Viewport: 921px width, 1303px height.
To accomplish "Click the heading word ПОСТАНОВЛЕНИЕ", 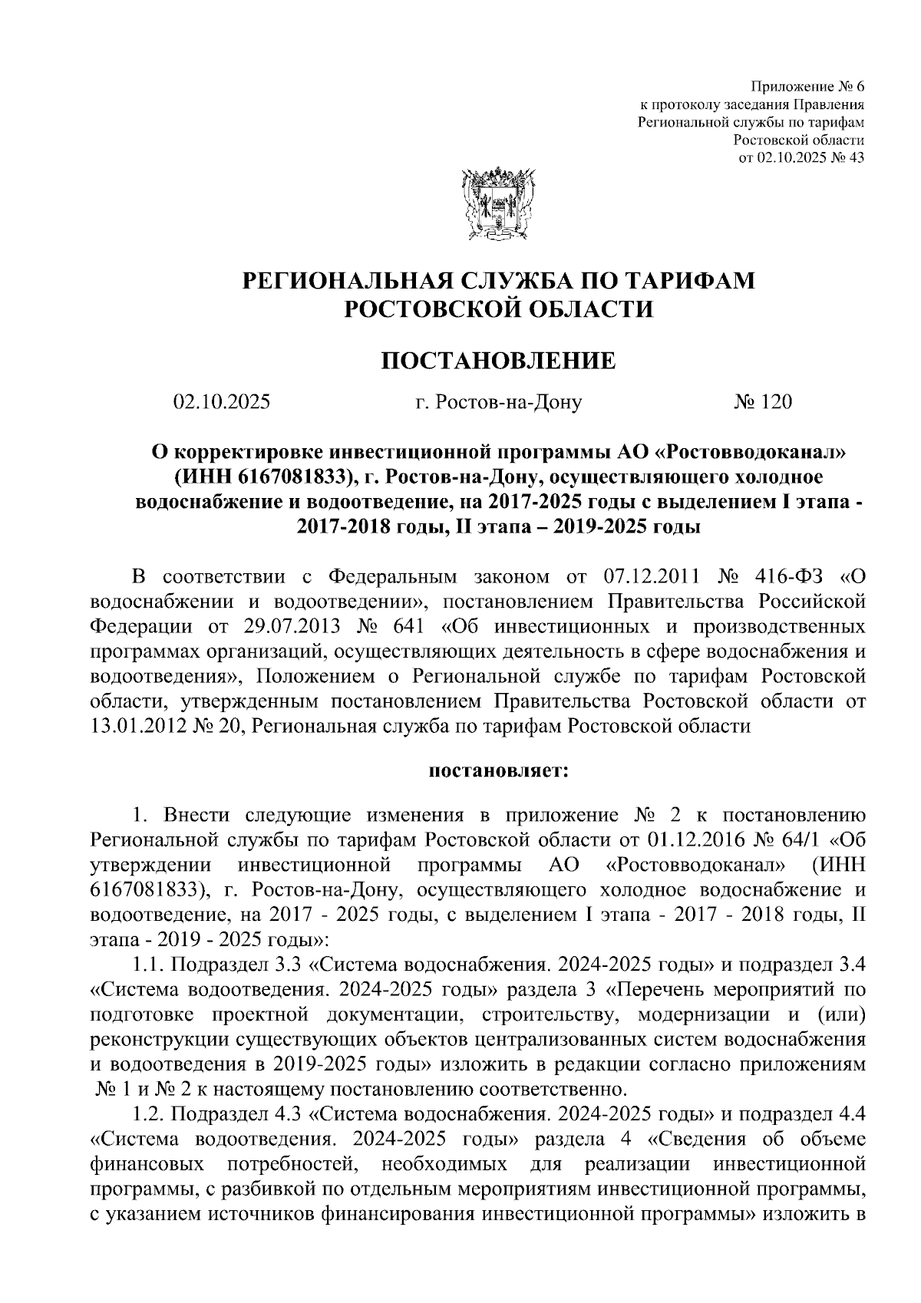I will click(x=498, y=361).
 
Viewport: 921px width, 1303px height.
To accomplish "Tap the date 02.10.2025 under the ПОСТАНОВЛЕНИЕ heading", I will click(x=222, y=401).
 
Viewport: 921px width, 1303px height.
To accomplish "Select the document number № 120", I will click(x=762, y=401).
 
